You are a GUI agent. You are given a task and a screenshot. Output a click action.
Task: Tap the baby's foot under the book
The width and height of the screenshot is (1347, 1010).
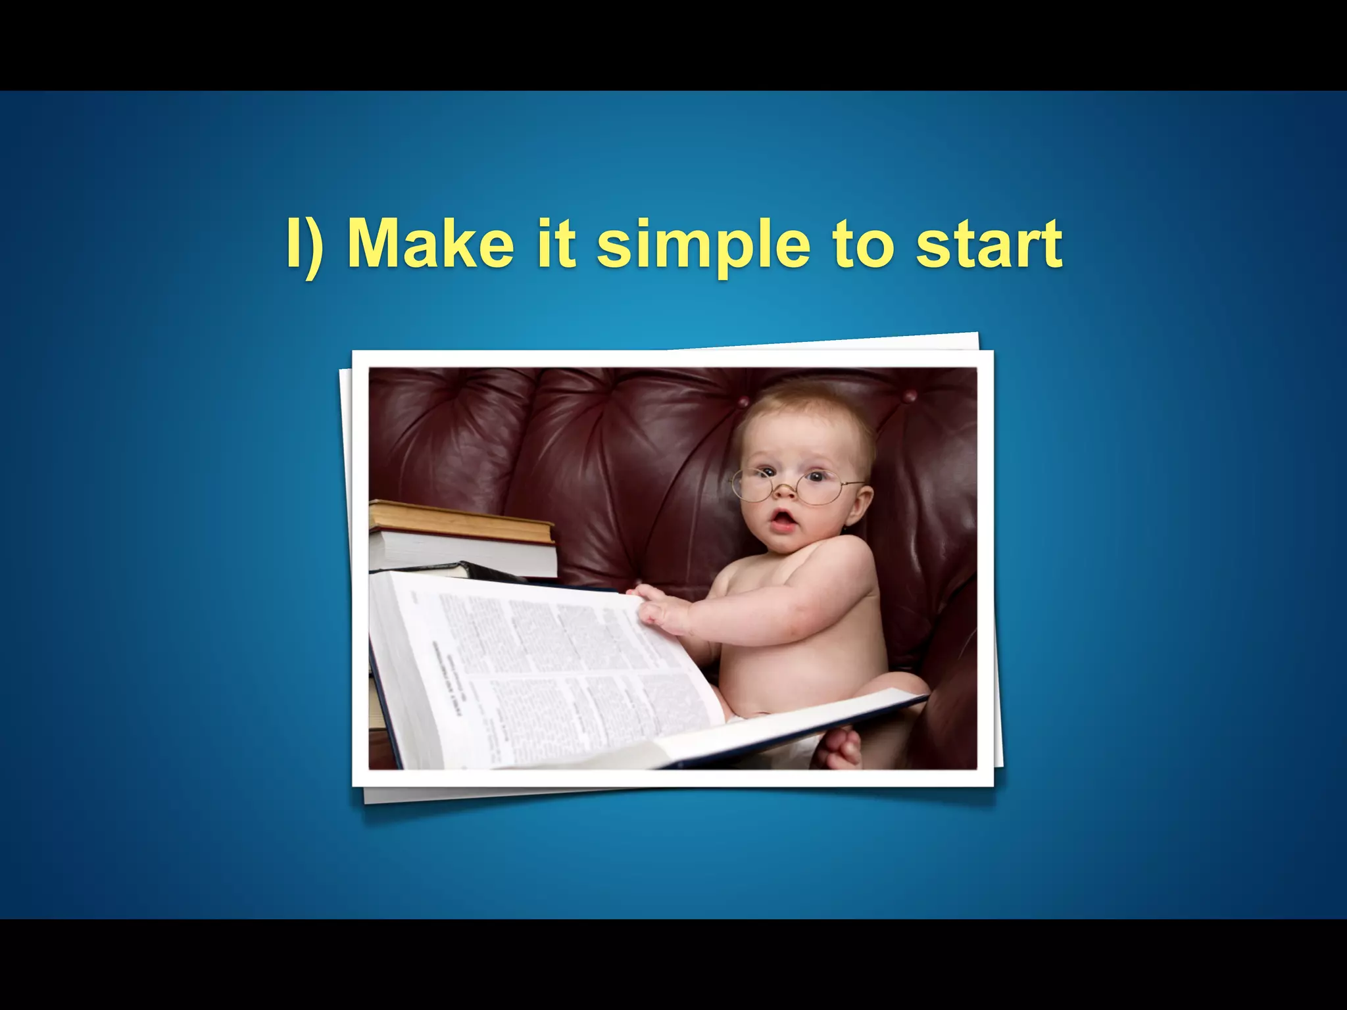tap(839, 749)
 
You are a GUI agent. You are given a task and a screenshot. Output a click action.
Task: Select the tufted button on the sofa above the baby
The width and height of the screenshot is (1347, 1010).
tap(910, 396)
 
